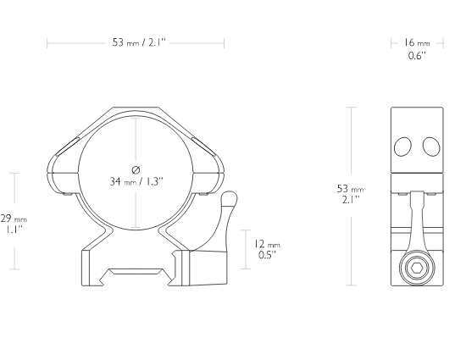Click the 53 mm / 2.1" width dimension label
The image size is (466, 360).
pyautogui.click(x=138, y=42)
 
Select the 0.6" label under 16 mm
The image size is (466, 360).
pyautogui.click(x=417, y=56)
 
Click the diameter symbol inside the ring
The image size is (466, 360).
pyautogui.click(x=136, y=170)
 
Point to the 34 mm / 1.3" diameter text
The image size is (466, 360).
pyautogui.click(x=136, y=181)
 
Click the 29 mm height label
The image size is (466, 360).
pyautogui.click(x=14, y=219)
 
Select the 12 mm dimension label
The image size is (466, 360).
pyautogui.click(x=267, y=244)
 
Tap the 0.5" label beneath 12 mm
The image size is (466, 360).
pyautogui.click(x=267, y=255)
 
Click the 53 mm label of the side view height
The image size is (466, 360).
pyautogui.click(x=351, y=188)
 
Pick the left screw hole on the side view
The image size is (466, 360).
pyautogui.click(x=402, y=147)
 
